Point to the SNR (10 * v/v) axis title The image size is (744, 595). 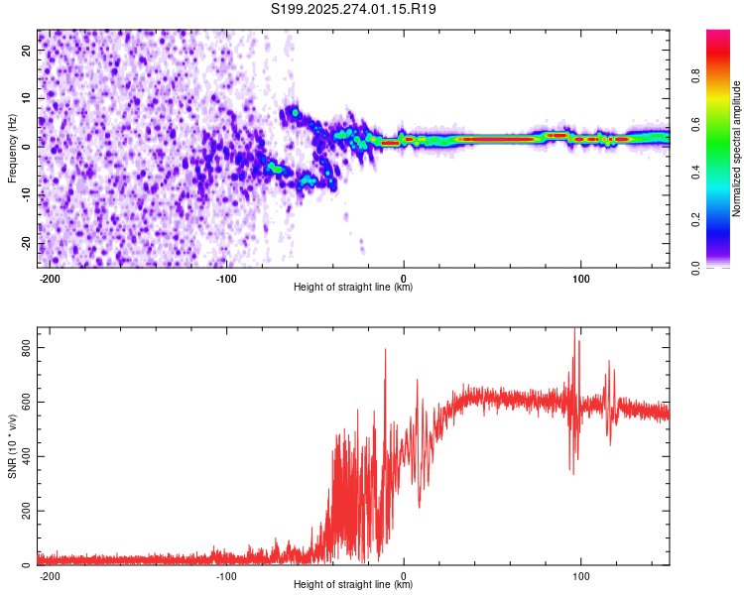click(x=12, y=446)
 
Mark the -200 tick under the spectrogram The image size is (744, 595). click(x=49, y=278)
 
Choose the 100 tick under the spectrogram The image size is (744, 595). click(x=580, y=278)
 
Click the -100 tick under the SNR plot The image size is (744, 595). click(x=226, y=575)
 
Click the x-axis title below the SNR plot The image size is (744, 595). click(x=353, y=585)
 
